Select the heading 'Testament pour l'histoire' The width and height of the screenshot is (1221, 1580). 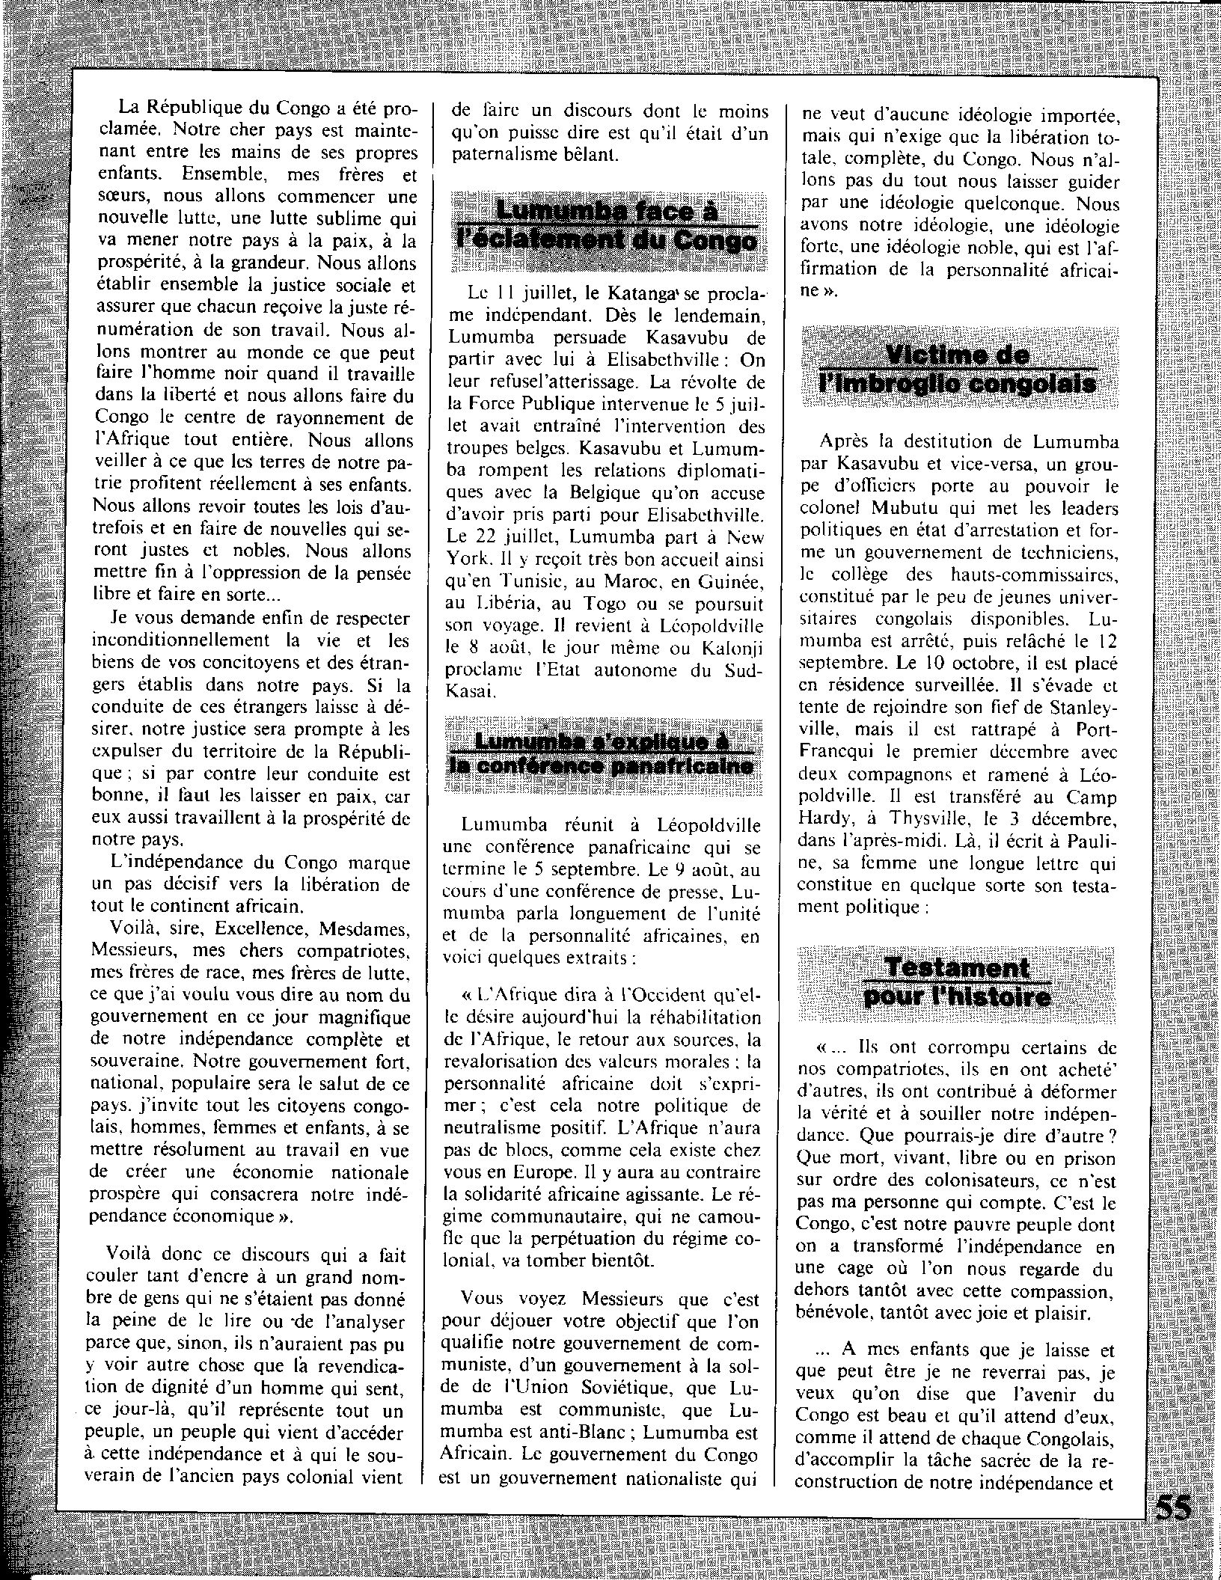(x=957, y=982)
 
